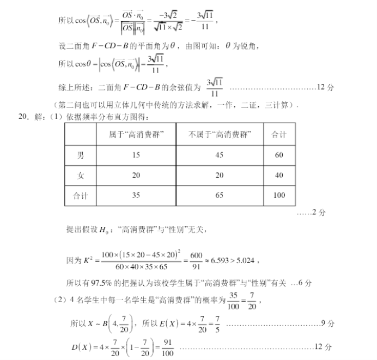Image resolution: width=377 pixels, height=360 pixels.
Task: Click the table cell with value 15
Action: pyautogui.click(x=136, y=155)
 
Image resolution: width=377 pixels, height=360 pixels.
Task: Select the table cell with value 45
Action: pyautogui.click(x=219, y=155)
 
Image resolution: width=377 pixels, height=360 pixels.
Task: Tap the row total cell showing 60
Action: pyautogui.click(x=279, y=155)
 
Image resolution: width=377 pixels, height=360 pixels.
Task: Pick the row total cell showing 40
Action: pyautogui.click(x=279, y=175)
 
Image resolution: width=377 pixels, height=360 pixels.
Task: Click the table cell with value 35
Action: pyautogui.click(x=136, y=195)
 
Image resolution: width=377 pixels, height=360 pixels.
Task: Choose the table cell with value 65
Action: pyautogui.click(x=219, y=195)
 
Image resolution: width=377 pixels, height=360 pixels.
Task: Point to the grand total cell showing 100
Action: pyautogui.click(x=279, y=195)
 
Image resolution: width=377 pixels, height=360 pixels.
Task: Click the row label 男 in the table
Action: pyautogui.click(x=81, y=155)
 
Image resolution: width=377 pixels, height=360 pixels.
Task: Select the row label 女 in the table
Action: pyautogui.click(x=81, y=175)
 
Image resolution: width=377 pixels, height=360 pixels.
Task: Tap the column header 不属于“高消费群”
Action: pyautogui.click(x=219, y=135)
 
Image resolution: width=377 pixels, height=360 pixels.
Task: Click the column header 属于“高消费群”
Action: pyautogui.click(x=136, y=135)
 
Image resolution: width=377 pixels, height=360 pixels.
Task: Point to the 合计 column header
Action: pyautogui.click(x=279, y=135)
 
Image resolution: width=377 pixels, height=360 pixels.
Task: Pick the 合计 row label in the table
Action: pyautogui.click(x=81, y=195)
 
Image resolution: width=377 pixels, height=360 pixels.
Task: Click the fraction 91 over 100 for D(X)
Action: pyautogui.click(x=167, y=347)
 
